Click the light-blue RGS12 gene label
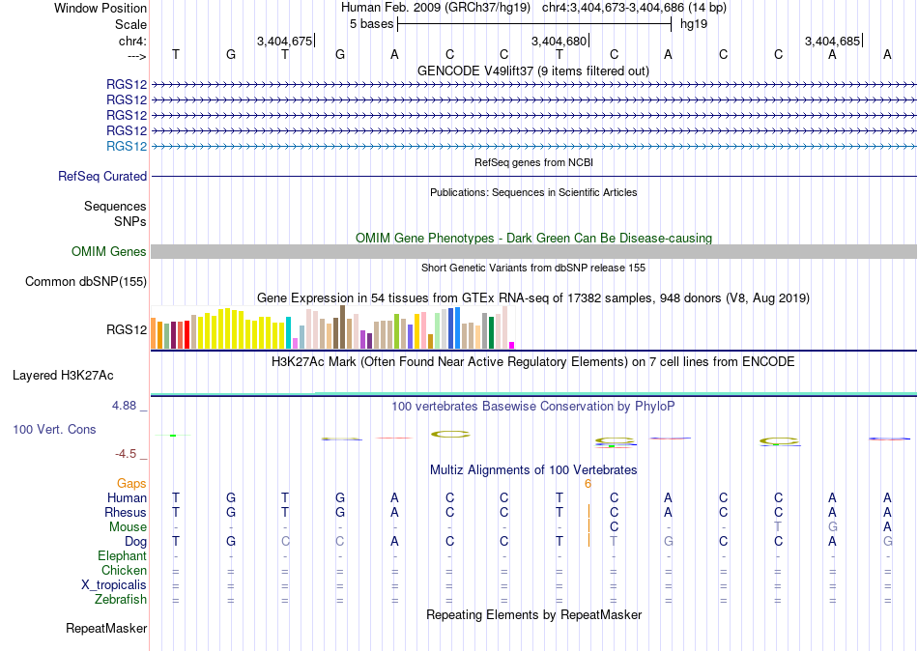pos(127,147)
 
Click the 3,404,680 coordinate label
pos(559,41)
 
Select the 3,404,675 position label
pos(284,41)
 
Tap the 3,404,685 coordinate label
pos(832,41)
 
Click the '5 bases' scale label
pos(372,24)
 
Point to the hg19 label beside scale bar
pos(694,24)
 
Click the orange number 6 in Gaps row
pos(588,484)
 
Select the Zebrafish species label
pos(121,600)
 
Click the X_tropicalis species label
pos(114,585)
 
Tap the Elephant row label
pos(123,556)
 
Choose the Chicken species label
pos(124,570)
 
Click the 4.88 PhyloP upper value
pos(124,406)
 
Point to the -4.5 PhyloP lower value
pos(126,454)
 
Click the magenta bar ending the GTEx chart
pos(512,346)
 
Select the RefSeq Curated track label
pos(102,176)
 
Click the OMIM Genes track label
pos(109,252)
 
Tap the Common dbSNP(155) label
pos(86,282)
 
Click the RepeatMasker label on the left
pos(106,628)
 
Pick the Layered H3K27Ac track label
pos(63,376)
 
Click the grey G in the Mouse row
pos(833,527)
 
